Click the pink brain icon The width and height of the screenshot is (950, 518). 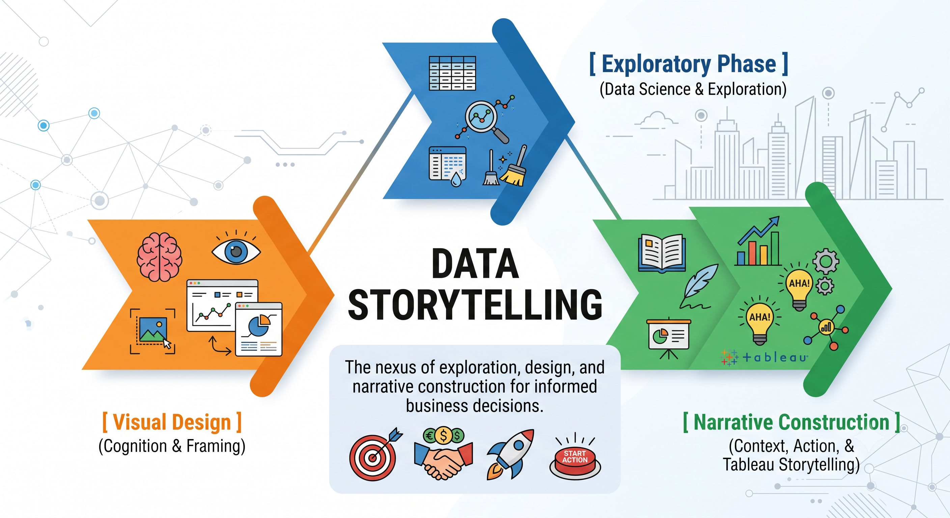(x=159, y=257)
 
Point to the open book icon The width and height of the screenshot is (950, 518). (x=662, y=254)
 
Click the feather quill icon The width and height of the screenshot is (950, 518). (x=699, y=286)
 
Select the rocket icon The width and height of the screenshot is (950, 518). (x=511, y=454)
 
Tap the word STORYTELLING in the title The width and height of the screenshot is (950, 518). (x=475, y=305)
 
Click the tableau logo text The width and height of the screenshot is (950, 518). (x=775, y=357)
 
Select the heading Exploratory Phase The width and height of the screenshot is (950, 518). (x=689, y=64)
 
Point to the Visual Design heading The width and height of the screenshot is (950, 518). (x=172, y=422)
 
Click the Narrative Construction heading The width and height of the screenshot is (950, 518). (x=791, y=422)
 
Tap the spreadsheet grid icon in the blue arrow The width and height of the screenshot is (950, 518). (x=452, y=73)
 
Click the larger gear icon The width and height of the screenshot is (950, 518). (x=826, y=261)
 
